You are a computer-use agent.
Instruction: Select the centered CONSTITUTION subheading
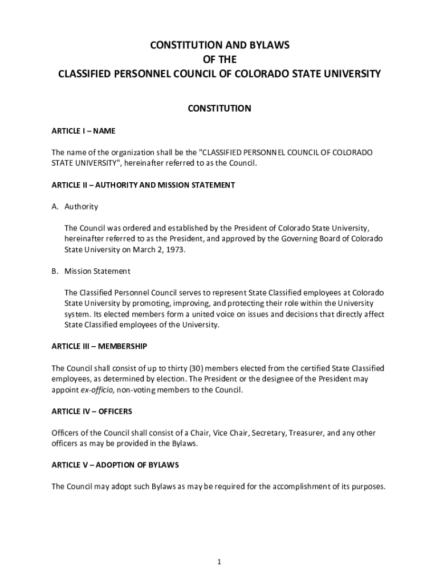pos(219,108)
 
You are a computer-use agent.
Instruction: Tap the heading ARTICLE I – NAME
pos(83,131)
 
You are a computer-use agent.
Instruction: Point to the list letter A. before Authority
pos(55,207)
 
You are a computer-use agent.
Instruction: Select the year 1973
pos(174,249)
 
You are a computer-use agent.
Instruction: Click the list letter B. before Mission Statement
pos(55,271)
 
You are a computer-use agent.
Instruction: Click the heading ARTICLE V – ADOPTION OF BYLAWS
pos(115,465)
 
